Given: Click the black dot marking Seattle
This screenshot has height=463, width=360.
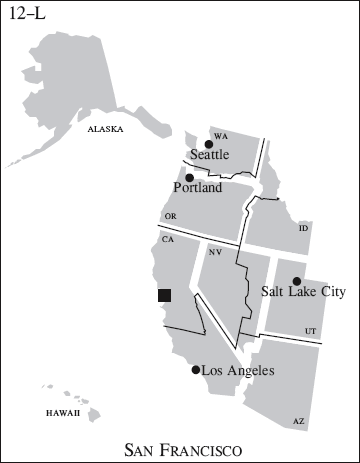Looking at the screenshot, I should pyautogui.click(x=208, y=145).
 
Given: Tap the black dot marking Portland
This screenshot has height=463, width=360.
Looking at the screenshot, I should pyautogui.click(x=190, y=177).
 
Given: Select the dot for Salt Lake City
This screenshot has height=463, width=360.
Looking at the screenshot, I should pyautogui.click(x=296, y=281).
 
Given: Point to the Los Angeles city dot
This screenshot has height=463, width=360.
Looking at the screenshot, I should pyautogui.click(x=196, y=370).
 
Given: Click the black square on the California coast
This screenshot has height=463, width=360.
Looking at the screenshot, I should pyautogui.click(x=165, y=295).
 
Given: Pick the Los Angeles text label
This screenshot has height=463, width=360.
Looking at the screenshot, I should pyautogui.click(x=237, y=371).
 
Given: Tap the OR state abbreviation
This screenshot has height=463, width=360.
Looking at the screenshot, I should pyautogui.click(x=170, y=216).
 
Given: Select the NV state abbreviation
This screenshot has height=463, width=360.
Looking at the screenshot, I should pyautogui.click(x=215, y=252).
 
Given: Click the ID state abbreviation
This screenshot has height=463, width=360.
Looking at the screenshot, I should pyautogui.click(x=302, y=228).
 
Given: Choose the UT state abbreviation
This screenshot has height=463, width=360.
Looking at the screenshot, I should pyautogui.click(x=311, y=330).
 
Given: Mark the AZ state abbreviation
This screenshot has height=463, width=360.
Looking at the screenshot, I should pyautogui.click(x=298, y=422).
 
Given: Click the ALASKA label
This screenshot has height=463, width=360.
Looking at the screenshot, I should pyautogui.click(x=105, y=129).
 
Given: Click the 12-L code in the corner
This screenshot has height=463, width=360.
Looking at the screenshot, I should pyautogui.click(x=27, y=15).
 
